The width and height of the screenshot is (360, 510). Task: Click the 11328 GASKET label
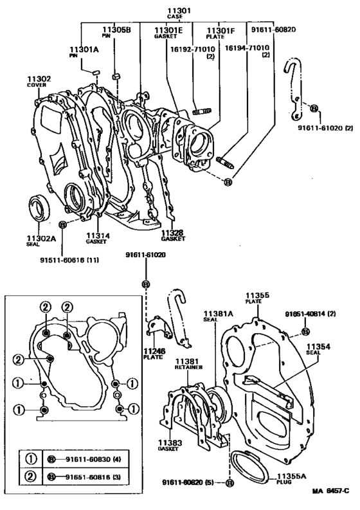point(173,235)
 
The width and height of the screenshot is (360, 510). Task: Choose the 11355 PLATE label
point(258,299)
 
